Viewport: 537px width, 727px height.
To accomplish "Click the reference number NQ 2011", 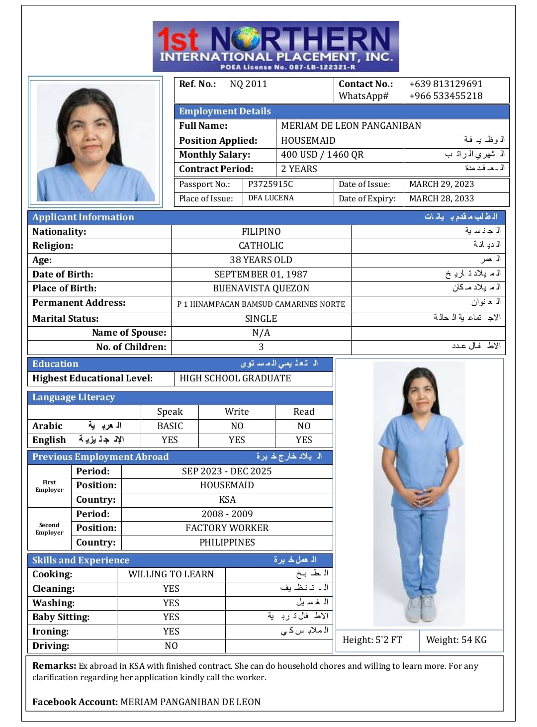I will pos(248,84).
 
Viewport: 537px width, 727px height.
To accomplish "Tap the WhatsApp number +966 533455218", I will pos(446,96).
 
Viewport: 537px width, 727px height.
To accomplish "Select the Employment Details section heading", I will pos(225,111).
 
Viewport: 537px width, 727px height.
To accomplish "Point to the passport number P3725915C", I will pos(270,184).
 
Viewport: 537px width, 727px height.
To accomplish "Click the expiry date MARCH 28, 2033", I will pos(442,199).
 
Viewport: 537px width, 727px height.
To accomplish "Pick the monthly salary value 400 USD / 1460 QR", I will pos(322,155).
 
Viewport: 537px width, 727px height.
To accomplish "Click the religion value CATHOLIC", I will pos(261,246).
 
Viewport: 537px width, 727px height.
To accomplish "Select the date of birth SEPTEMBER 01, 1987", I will pos(261,274).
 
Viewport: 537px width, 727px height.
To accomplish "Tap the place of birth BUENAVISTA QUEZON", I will pos(261,288).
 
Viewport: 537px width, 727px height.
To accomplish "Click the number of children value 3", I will pos(261,347).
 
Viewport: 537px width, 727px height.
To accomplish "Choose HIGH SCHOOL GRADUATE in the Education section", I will pos(235,378).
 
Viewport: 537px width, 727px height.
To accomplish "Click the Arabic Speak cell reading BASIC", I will pos(170,426).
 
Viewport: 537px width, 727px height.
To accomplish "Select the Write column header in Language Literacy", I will pos(237,412).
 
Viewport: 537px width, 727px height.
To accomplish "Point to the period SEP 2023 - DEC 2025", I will pos(227,471).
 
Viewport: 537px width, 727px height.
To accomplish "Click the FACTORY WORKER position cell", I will pos(227,528).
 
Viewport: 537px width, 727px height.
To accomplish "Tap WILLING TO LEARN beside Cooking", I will pos(171,574).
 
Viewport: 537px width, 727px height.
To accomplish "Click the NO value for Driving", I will pos(171,646).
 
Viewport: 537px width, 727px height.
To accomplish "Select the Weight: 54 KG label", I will pos(456,640).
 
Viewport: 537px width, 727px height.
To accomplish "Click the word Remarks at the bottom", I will pos(54,666).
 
